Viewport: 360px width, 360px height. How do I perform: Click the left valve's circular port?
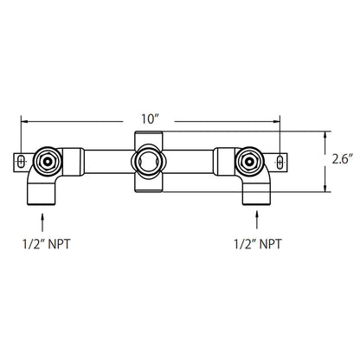(x=46, y=160)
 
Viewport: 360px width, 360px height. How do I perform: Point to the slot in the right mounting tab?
(x=280, y=159)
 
